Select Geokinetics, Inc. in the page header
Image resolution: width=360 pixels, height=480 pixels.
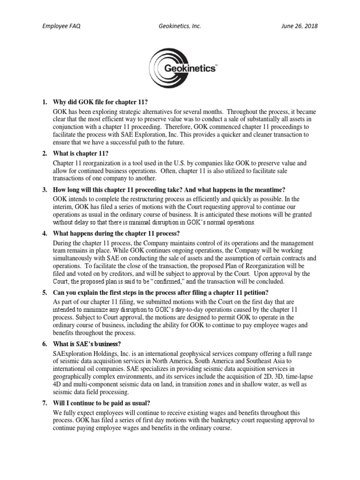click(180, 26)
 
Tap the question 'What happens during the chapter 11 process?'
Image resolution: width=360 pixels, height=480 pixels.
click(116, 233)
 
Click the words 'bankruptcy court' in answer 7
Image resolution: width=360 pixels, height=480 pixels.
click(219, 420)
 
